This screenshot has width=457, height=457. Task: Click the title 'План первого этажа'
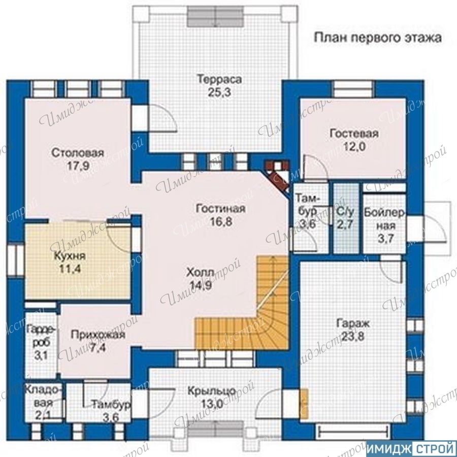click(377, 38)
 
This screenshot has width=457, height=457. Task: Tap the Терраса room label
click(219, 79)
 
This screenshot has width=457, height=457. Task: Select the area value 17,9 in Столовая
click(78, 166)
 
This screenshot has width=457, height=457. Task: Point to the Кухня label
click(70, 256)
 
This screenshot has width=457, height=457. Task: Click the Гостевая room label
click(354, 134)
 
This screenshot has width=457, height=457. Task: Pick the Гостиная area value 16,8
click(221, 222)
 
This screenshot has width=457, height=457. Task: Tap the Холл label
click(200, 273)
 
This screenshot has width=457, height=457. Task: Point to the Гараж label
click(353, 323)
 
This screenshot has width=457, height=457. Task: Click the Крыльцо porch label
click(212, 391)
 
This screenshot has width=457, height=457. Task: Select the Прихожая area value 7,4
click(98, 348)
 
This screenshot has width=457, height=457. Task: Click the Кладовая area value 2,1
click(43, 415)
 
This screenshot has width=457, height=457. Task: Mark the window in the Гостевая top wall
click(353, 89)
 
